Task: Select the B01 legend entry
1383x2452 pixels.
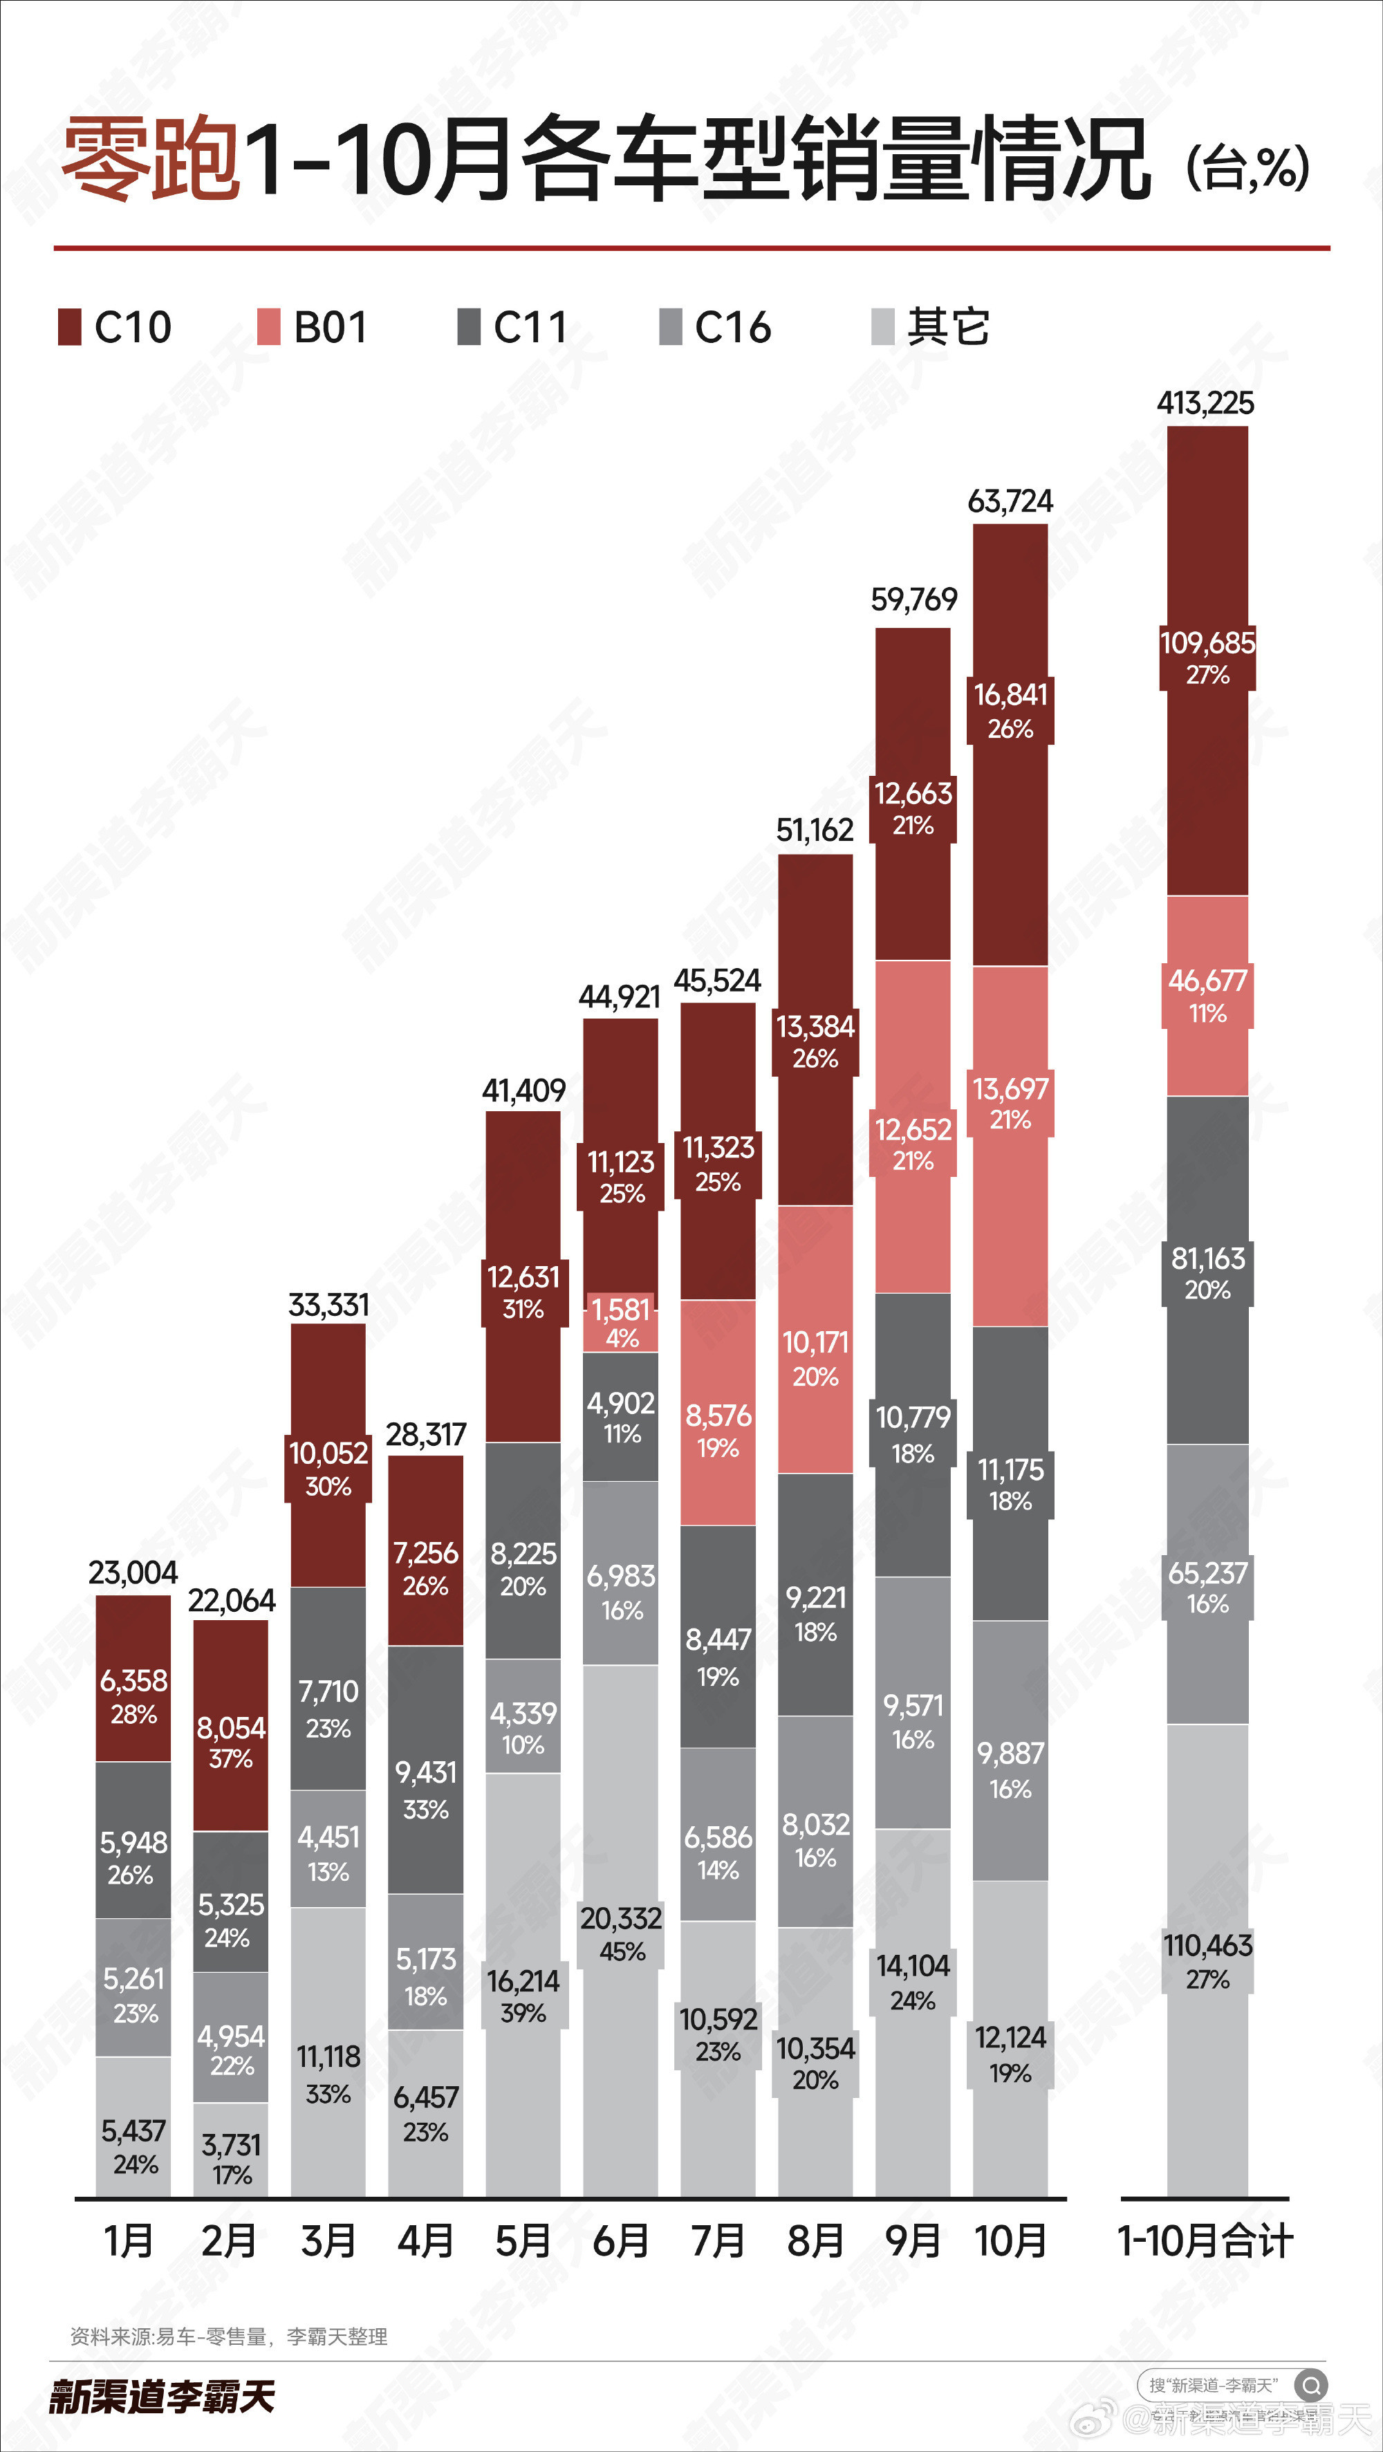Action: [313, 328]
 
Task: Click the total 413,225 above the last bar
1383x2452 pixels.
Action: [1205, 402]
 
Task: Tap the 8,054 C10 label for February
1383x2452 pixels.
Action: [231, 1727]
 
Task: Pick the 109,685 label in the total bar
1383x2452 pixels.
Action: [1207, 642]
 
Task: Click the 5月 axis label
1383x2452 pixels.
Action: [523, 2240]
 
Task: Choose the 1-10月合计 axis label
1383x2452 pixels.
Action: [1205, 2240]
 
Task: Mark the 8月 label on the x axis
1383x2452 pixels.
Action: [815, 2240]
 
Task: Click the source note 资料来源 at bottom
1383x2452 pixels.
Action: [228, 2336]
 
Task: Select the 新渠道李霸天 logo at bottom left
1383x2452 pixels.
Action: [162, 2396]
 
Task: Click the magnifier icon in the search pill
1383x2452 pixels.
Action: [1310, 2386]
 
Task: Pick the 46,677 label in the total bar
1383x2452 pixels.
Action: [1207, 981]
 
